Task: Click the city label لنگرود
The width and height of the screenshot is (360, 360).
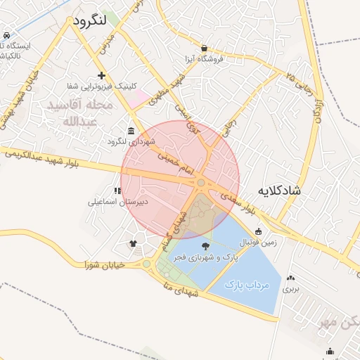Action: point(89,20)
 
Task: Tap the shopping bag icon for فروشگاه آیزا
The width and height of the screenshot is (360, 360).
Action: point(204,48)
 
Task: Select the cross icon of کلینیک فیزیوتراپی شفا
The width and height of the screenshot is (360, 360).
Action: point(102,75)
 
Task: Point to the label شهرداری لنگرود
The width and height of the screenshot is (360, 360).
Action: point(131,141)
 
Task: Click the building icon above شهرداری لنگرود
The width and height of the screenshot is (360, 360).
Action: point(131,130)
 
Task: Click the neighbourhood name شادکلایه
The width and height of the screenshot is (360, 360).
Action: point(279,191)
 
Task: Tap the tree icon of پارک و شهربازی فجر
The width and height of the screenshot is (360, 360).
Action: point(205,245)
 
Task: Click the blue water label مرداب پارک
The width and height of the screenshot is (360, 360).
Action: point(243,285)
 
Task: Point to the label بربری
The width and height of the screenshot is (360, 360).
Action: point(291,288)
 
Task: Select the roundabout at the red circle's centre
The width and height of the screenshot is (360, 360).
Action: point(201,183)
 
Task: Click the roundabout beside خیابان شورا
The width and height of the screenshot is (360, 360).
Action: point(147,264)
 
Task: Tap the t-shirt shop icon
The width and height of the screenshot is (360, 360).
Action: point(134,244)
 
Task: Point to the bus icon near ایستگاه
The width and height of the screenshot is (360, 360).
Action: point(6,35)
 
